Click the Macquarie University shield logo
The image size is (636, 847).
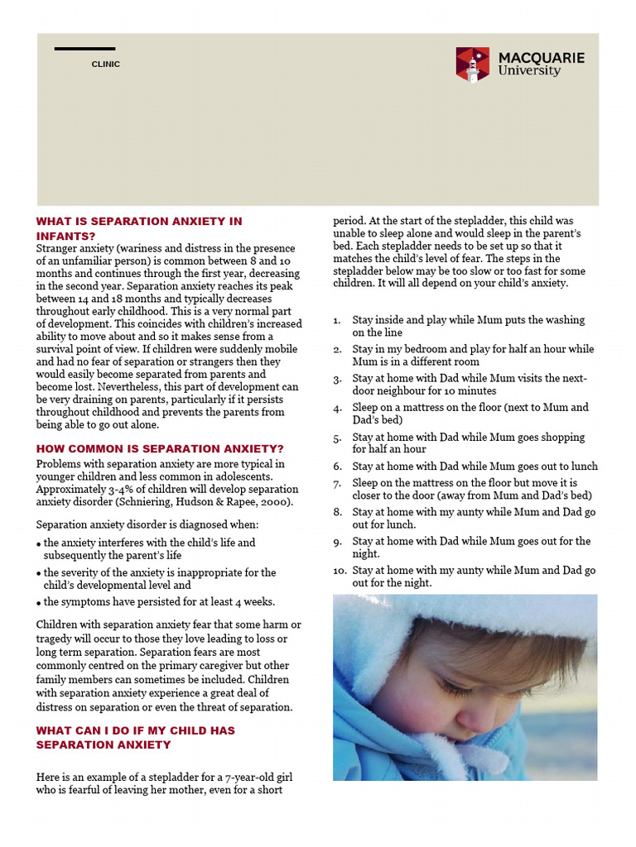[x=472, y=65]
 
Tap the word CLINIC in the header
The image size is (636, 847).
[x=105, y=65]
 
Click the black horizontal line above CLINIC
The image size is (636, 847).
[x=84, y=49]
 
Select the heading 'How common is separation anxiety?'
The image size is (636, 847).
[x=160, y=448]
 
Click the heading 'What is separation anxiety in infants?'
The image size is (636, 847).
[x=139, y=228]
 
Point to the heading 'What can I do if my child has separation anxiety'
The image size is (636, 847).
[x=136, y=737]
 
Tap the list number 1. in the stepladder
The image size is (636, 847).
[x=337, y=320]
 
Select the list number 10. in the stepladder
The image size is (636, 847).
[x=340, y=571]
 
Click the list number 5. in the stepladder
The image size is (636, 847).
[x=337, y=438]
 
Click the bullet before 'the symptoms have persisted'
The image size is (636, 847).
[x=39, y=603]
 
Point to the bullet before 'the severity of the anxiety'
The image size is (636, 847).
[x=39, y=573]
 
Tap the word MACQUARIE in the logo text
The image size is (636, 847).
[x=541, y=58]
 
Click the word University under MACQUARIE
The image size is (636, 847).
[x=529, y=71]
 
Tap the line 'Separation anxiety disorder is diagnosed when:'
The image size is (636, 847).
[x=147, y=524]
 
